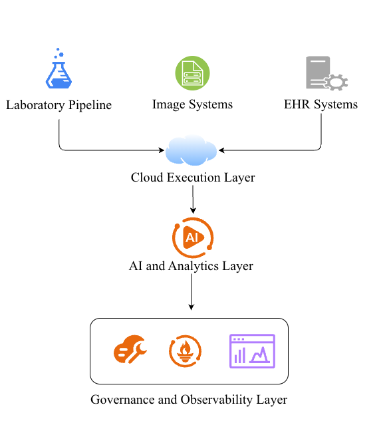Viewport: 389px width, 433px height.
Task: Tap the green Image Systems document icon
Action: click(192, 73)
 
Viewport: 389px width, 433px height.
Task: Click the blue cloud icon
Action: click(192, 150)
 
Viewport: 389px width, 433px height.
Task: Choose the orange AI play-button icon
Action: click(192, 237)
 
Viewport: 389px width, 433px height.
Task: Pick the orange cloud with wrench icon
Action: click(130, 351)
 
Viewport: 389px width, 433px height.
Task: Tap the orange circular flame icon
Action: click(186, 351)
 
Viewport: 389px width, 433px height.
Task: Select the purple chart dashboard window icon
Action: click(252, 351)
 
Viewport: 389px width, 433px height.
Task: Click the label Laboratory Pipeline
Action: click(59, 105)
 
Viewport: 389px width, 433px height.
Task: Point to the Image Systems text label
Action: click(192, 105)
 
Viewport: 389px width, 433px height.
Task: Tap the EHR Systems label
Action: click(321, 105)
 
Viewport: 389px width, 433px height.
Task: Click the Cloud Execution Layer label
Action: click(192, 178)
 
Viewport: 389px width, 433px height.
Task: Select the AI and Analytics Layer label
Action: click(191, 266)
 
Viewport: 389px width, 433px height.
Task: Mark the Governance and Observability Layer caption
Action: click(189, 400)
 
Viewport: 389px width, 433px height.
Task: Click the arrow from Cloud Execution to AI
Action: click(193, 200)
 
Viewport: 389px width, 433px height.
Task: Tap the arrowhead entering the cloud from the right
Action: click(222, 150)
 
